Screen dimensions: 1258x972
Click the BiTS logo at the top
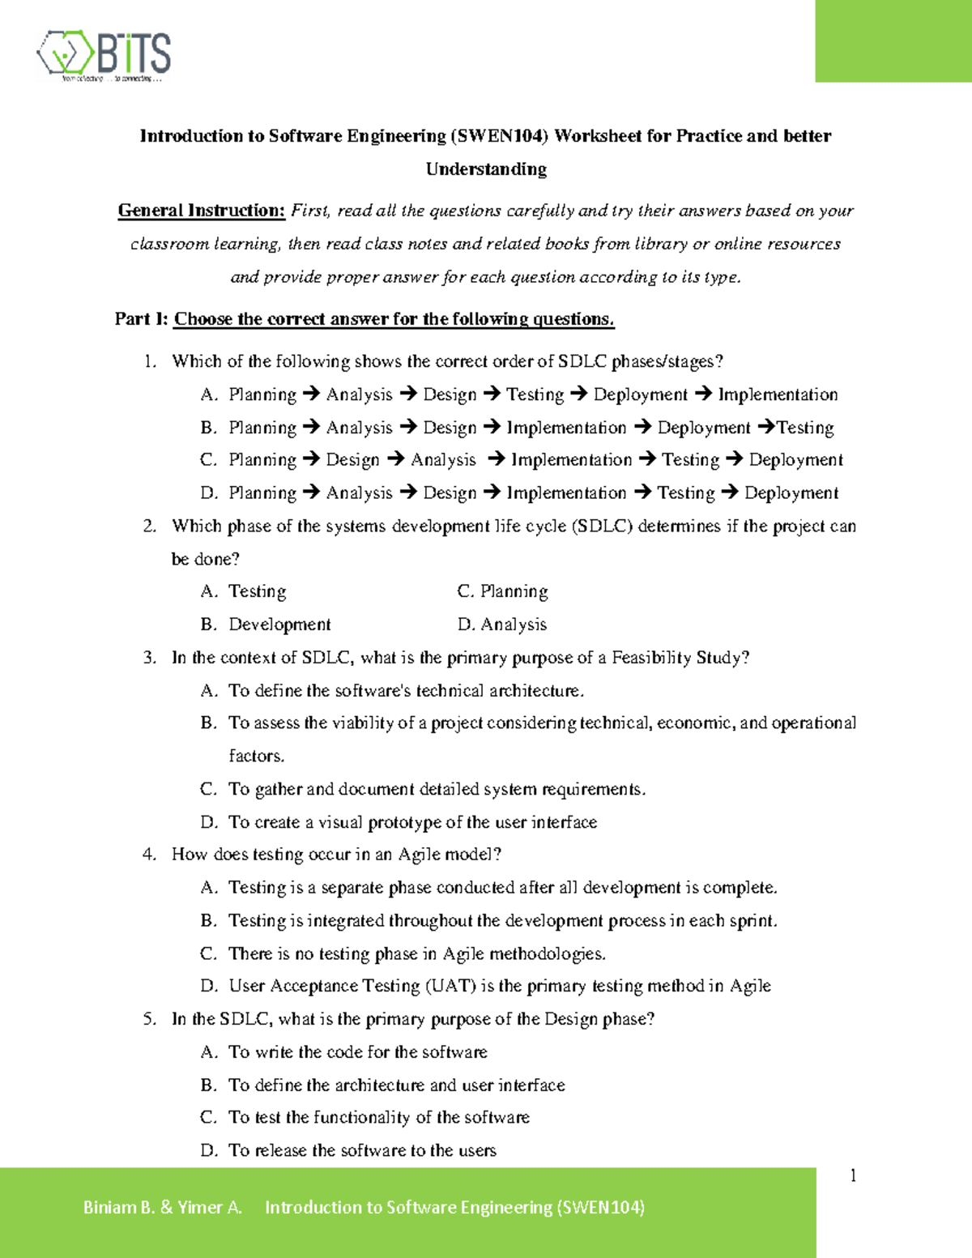pyautogui.click(x=104, y=55)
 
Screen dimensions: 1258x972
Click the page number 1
pyautogui.click(x=853, y=1175)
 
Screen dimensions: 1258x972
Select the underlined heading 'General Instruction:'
pyautogui.click(x=202, y=211)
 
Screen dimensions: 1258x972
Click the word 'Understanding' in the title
pyautogui.click(x=486, y=169)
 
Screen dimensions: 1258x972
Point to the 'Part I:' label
pyautogui.click(x=141, y=319)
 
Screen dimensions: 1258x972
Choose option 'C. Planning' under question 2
pyautogui.click(x=502, y=591)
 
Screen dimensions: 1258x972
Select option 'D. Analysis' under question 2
pyautogui.click(x=502, y=625)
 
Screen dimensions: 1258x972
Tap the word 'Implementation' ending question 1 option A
pyautogui.click(x=778, y=394)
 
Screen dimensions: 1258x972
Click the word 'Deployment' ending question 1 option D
pyautogui.click(x=791, y=493)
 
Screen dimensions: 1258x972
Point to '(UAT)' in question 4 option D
pyautogui.click(x=450, y=986)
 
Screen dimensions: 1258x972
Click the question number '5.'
pyautogui.click(x=150, y=1019)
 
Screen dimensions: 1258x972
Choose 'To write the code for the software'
pyautogui.click(x=357, y=1052)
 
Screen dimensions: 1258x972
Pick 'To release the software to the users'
pyautogui.click(x=362, y=1150)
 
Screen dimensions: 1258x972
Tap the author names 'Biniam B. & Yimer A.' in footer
pyautogui.click(x=163, y=1207)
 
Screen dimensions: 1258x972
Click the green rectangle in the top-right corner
pyautogui.click(x=893, y=41)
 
